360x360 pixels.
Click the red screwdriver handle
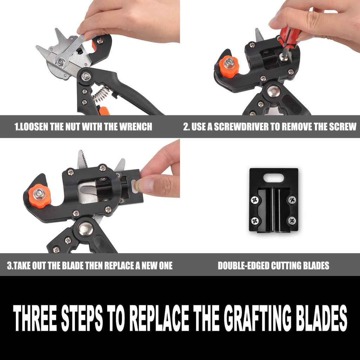pos(289,37)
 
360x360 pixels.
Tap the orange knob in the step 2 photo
pos(229,66)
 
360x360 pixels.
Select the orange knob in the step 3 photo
pos(39,196)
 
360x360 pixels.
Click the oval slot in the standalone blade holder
pos(274,178)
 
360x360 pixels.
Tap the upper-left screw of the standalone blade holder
pos(255,200)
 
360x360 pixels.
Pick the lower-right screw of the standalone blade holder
pos(292,221)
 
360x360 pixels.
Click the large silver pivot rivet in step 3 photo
pos(86,229)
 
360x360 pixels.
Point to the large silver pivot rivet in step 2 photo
pos(274,91)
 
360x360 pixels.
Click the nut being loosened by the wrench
pos(60,61)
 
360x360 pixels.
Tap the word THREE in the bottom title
pos(35,318)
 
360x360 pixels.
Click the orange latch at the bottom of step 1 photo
pos(104,111)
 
